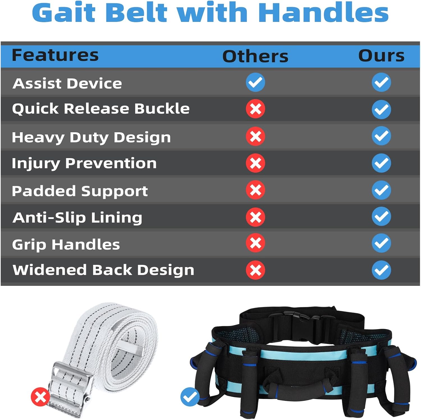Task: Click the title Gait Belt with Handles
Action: [x=210, y=13]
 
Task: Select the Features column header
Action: [x=55, y=55]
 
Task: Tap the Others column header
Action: [x=255, y=56]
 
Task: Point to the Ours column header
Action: [x=381, y=56]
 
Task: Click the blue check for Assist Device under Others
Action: [x=255, y=82]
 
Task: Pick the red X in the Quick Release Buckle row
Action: [x=255, y=109]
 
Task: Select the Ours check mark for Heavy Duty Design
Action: [x=381, y=136]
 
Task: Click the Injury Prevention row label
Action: [x=84, y=163]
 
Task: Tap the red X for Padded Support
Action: [x=255, y=190]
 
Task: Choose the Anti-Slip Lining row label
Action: [x=77, y=218]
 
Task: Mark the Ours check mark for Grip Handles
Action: [x=381, y=243]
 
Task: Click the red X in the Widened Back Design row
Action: [x=255, y=270]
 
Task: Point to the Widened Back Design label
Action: [x=103, y=270]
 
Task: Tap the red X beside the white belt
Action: [x=40, y=397]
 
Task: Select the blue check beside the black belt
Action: [x=190, y=397]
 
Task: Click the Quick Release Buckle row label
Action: [x=101, y=109]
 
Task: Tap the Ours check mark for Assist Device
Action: [x=381, y=82]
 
